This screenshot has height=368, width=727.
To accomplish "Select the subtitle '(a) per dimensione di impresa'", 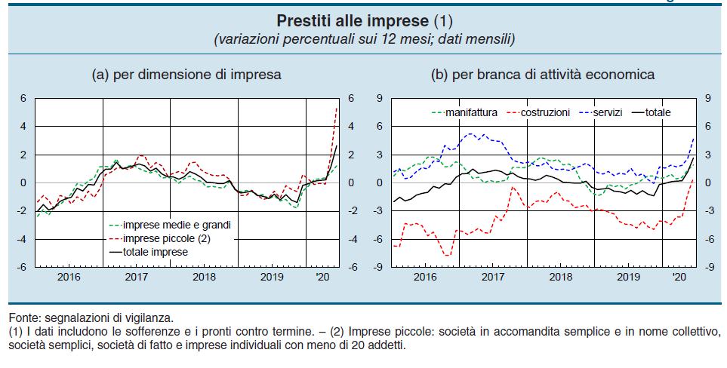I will [186, 75].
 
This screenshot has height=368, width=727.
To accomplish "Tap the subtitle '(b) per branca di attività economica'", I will [542, 75].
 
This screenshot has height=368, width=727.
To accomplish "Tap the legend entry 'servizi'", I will [606, 112].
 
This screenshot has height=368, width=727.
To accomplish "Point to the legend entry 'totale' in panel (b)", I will [656, 112].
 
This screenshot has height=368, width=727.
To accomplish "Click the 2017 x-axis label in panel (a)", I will [136, 278].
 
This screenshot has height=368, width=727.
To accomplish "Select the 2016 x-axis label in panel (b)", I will [426, 278].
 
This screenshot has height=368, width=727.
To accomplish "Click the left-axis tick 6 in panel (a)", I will [23, 98].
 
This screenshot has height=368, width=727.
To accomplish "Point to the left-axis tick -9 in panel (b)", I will [380, 267].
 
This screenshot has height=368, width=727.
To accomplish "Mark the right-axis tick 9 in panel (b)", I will [707, 98].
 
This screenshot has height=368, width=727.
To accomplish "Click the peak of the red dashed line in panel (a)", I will [336, 108].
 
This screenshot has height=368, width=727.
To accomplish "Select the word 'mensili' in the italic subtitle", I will [491, 38].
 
